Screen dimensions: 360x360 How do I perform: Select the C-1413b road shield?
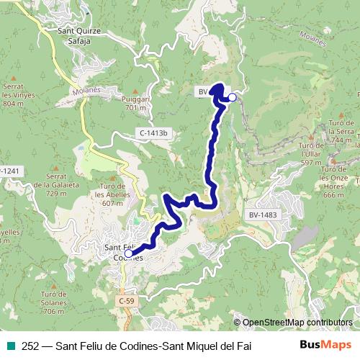tap(153, 133)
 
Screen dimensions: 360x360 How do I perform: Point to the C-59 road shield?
tap(127, 300)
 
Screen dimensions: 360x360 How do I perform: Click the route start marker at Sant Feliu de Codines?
tap(128, 253)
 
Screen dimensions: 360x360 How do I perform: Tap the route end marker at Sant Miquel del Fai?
tap(232, 97)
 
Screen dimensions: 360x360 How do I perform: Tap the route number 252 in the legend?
tap(30, 346)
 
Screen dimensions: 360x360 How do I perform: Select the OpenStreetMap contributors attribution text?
tap(297, 322)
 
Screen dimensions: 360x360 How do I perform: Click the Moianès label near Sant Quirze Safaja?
tap(87, 91)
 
